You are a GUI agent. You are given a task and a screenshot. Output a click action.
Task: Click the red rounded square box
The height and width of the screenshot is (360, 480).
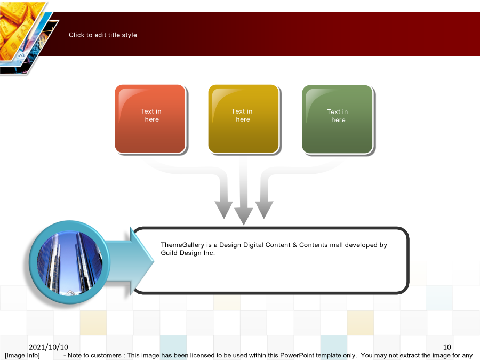click(x=150, y=119)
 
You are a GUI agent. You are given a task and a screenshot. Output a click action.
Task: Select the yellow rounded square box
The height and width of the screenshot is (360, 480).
click(x=244, y=119)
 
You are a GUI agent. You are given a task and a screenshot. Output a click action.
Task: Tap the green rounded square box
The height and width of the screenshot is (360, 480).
click(x=338, y=119)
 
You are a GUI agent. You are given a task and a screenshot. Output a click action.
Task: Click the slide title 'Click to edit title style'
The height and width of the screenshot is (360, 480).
click(x=103, y=35)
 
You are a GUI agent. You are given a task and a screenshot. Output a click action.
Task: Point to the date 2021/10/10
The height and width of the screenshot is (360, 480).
click(x=49, y=347)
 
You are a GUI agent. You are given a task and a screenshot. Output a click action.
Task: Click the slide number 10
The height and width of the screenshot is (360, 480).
click(x=447, y=347)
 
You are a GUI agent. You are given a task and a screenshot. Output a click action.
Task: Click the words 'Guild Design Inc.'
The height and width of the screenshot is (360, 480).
click(x=188, y=253)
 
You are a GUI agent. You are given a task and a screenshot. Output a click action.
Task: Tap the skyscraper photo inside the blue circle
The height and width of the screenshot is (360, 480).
click(x=70, y=263)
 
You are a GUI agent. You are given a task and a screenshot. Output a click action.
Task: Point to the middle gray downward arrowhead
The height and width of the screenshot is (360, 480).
click(x=244, y=215)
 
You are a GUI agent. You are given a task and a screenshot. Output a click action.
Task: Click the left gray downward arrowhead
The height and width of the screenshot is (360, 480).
click(x=224, y=210)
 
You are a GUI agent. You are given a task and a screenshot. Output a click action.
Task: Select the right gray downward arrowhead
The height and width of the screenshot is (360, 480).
click(x=264, y=210)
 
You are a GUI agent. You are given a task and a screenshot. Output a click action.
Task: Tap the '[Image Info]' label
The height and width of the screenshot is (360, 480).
click(x=22, y=355)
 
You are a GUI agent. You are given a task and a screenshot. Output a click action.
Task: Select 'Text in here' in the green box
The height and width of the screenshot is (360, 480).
click(x=338, y=116)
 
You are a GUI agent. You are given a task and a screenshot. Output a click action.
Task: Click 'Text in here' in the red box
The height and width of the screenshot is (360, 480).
click(x=151, y=115)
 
